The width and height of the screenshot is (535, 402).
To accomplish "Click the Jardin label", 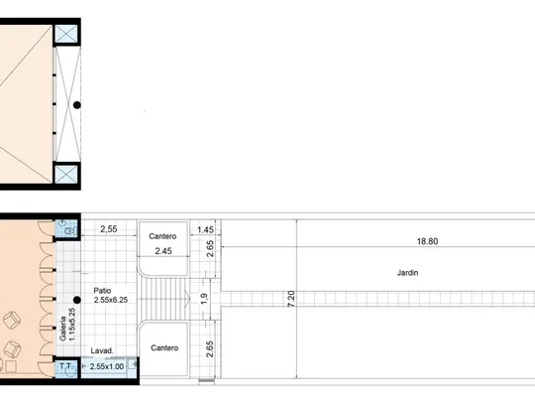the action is pos(407,273).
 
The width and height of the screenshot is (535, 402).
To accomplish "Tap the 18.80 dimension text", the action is pos(427,241).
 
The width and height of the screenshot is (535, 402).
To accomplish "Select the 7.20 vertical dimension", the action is pos(291,299).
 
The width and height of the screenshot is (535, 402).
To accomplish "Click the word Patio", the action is pos(102,291).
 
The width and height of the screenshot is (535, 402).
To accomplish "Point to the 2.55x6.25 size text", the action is pos(111,300).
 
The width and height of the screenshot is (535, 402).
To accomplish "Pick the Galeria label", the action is pos(62,329).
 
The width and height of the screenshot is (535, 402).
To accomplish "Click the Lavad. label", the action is pos(102,350).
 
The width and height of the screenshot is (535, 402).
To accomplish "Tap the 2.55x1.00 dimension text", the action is pos(107,366).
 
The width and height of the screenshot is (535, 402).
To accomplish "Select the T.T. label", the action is pos(65,366).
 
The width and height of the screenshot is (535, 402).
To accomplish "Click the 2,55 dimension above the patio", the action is pos(109,229).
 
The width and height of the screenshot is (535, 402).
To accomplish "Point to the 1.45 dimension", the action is pos(205,229).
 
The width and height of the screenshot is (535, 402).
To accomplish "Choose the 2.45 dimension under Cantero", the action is pos(163,251).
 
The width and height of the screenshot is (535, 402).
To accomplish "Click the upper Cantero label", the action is pos(162,236).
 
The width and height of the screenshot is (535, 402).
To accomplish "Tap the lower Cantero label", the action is pos(164,347).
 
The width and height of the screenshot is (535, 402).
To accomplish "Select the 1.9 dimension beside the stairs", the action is pos(204,299).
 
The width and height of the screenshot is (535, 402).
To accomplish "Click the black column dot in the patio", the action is pos(77,300).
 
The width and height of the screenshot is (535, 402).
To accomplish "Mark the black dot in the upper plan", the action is pos(77,105).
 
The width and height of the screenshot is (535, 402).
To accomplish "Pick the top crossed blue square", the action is pos(66,34).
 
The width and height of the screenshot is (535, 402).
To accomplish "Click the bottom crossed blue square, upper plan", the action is pos(66,175).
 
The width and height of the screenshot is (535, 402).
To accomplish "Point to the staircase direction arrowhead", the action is pos(187,299).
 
